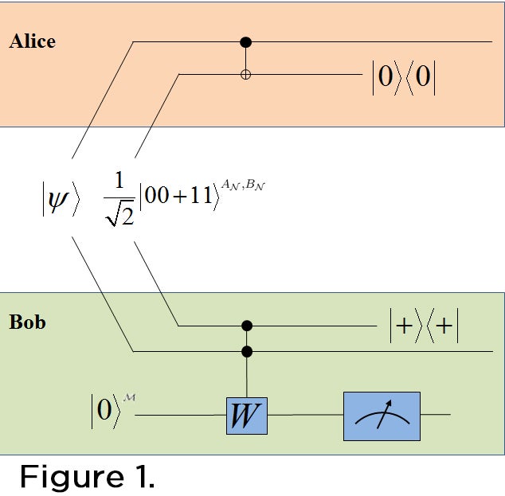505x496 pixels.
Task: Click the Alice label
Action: pyautogui.click(x=33, y=41)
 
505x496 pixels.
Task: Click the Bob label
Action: pyautogui.click(x=28, y=323)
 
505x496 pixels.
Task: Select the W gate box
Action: pyautogui.click(x=246, y=414)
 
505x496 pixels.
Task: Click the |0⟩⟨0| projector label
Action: pyautogui.click(x=405, y=80)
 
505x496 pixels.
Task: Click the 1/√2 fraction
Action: pyautogui.click(x=119, y=198)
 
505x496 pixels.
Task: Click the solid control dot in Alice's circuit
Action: pyautogui.click(x=246, y=41)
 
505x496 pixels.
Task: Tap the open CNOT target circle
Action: pyautogui.click(x=246, y=75)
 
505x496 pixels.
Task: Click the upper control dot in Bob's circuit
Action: pyautogui.click(x=247, y=326)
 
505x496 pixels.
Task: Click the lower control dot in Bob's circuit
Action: pyautogui.click(x=247, y=350)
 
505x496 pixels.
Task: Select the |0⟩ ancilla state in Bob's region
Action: pyautogui.click(x=105, y=412)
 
